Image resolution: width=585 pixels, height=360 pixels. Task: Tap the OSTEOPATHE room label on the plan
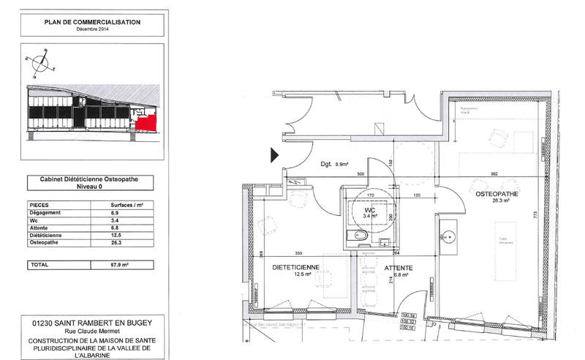pyautogui.click(x=497, y=195)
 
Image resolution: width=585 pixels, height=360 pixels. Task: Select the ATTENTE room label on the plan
pyautogui.click(x=399, y=269)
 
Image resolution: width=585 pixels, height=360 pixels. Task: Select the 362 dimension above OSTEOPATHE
pyautogui.click(x=494, y=174)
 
